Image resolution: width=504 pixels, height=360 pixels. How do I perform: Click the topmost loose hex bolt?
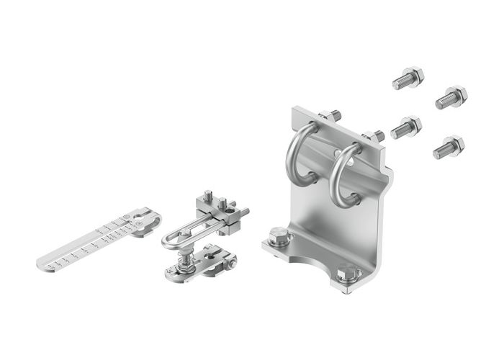click(x=408, y=78)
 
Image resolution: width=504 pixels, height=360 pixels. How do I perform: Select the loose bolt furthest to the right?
click(x=452, y=97)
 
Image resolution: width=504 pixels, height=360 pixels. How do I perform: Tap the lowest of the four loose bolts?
click(x=449, y=148)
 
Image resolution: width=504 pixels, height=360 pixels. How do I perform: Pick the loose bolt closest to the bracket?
click(x=406, y=128)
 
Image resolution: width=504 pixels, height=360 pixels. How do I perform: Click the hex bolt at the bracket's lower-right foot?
click(x=346, y=273)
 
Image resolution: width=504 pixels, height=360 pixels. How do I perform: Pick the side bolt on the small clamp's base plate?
click(x=230, y=264)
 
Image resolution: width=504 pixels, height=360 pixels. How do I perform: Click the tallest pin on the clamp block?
click(x=206, y=196)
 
